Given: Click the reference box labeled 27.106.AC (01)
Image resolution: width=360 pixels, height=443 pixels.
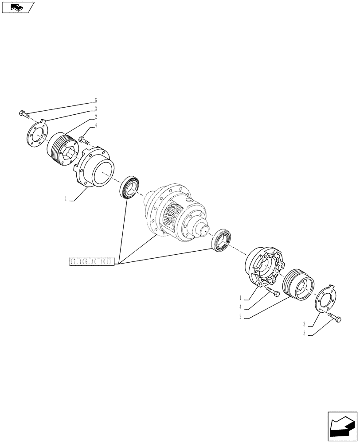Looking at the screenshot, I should tap(92, 261).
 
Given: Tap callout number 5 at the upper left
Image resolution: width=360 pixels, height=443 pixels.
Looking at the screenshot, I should tap(95, 101).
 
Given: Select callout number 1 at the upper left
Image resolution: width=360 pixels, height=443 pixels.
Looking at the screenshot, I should tap(66, 199).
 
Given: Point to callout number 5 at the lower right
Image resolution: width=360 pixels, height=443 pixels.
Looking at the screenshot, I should tap(305, 334).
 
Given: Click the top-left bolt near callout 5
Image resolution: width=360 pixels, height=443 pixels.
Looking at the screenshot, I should tap(24, 114).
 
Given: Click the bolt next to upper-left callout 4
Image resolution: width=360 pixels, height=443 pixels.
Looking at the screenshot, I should tap(84, 141).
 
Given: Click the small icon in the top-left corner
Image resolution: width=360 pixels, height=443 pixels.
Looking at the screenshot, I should tap(17, 7).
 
